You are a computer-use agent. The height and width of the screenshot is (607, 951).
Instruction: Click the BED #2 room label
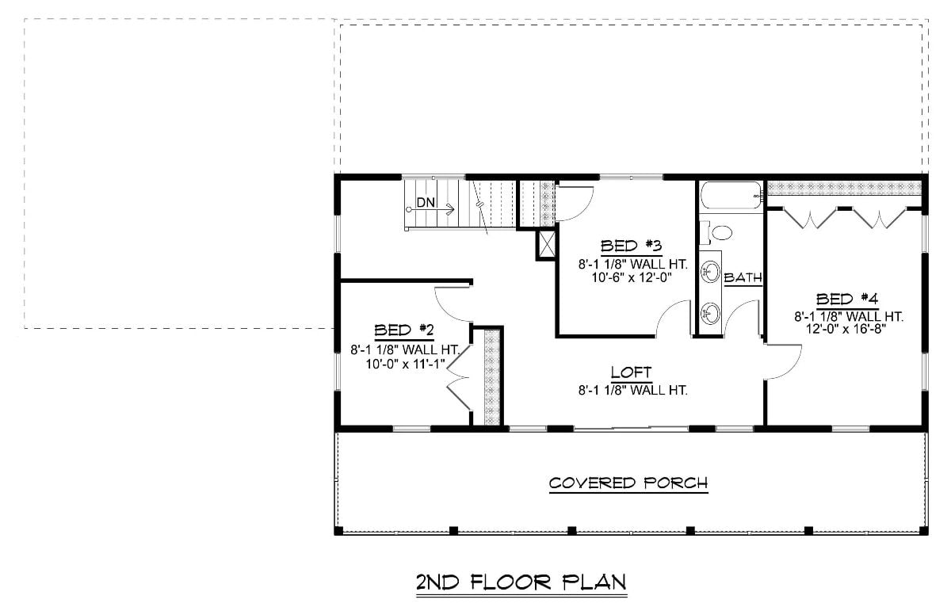coord(403,329)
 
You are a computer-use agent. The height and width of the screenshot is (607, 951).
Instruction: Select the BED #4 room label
coord(847,299)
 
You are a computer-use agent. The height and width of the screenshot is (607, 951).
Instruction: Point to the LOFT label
coord(631,372)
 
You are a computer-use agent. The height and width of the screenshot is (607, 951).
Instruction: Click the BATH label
coord(743,277)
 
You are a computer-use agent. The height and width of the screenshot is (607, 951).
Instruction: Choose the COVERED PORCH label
coord(628,483)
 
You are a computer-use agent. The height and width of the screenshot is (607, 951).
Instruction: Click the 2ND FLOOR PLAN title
coord(521,582)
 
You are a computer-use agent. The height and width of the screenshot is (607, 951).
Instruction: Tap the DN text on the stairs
coord(426,203)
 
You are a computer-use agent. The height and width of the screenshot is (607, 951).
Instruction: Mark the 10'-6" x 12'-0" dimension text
coord(631,278)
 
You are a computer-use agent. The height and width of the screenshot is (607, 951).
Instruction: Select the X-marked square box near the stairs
coord(545,244)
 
